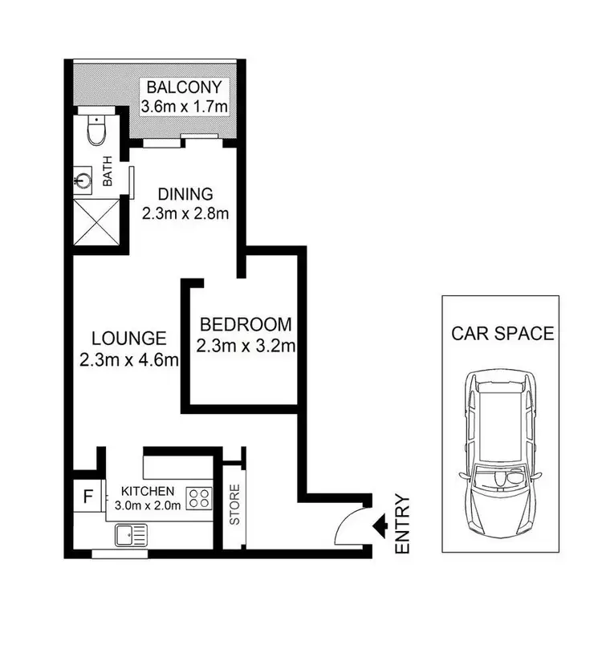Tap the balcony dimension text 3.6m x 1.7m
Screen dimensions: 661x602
tap(185, 105)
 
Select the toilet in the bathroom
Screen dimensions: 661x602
tap(96, 131)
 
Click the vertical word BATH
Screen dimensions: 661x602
tap(107, 175)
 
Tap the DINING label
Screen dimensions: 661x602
tap(185, 193)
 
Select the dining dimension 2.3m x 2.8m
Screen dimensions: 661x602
tap(185, 213)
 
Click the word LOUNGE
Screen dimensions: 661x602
tap(128, 339)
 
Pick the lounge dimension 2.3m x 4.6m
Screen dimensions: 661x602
tap(128, 359)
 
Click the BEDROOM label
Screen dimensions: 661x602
tap(245, 325)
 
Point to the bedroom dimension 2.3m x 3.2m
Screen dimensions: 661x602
tap(245, 347)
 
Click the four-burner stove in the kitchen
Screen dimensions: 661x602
tap(197, 498)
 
